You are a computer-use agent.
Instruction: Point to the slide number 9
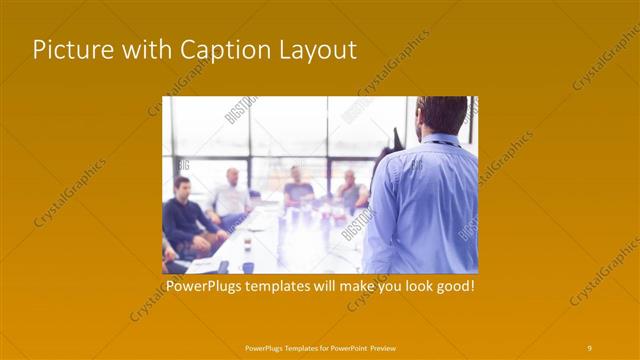click(590, 347)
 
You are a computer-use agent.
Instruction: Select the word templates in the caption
click(280, 286)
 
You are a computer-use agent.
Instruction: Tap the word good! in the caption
click(453, 286)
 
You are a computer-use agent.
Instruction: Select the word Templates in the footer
click(297, 348)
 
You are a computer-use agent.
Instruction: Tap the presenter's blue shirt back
click(425, 200)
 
